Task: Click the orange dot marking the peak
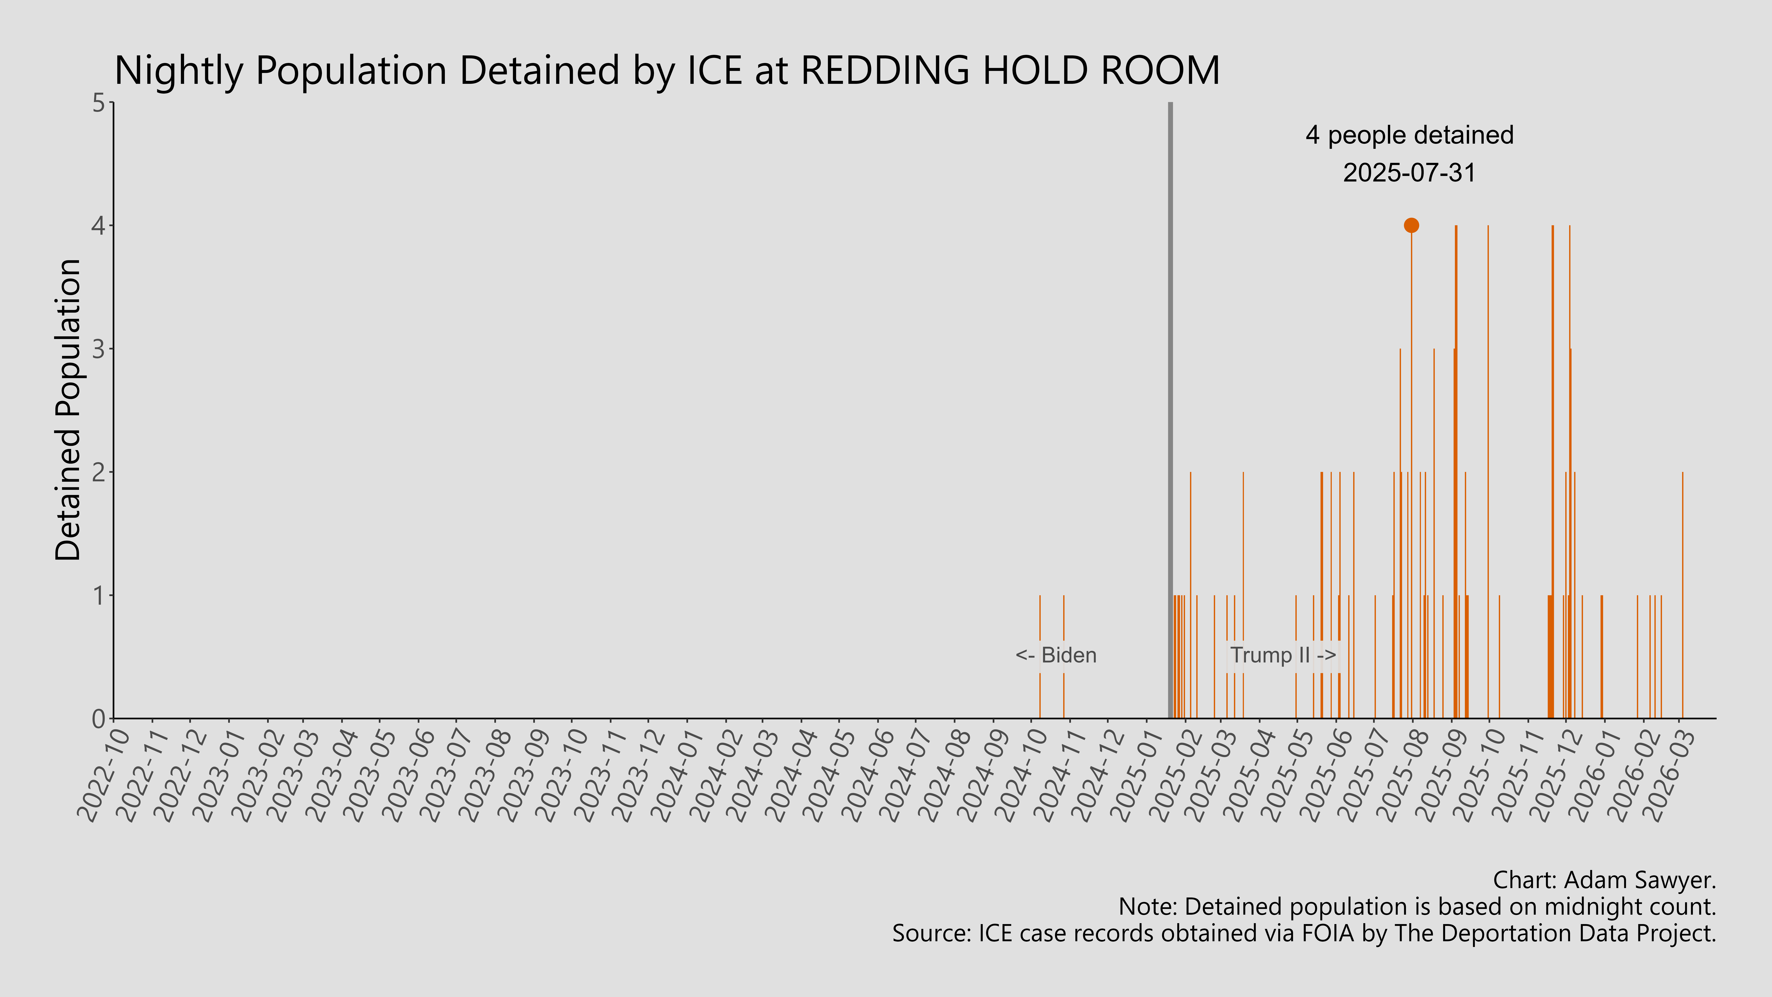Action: (x=1411, y=225)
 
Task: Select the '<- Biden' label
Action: (x=1056, y=655)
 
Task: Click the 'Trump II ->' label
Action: (x=1282, y=655)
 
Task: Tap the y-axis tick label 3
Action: (x=98, y=349)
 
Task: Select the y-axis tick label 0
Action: (x=98, y=718)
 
